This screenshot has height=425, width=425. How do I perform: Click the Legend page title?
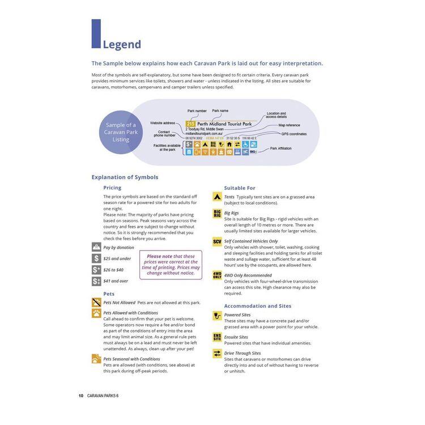122,45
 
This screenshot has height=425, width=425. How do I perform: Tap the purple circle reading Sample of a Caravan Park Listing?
121,132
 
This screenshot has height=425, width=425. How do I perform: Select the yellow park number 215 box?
190,124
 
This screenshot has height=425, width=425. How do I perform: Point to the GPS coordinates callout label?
294,134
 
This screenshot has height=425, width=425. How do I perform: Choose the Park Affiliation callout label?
282,148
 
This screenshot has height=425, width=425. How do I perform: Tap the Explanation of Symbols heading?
125,177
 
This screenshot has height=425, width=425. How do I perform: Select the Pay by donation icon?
96,247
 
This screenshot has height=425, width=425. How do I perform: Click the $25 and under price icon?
96,258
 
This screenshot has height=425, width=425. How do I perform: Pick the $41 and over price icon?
96,280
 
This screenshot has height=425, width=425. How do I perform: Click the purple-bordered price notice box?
171,265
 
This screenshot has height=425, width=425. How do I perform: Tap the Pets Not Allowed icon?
96,303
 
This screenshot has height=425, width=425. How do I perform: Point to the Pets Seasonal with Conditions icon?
96,359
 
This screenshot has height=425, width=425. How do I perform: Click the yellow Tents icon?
217,197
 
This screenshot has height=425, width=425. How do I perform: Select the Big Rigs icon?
217,214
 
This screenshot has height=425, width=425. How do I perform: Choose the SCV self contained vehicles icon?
217,241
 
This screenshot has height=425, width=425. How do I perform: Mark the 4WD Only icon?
217,275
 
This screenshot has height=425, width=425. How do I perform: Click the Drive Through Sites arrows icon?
217,354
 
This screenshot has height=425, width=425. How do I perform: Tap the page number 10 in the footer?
81,396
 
